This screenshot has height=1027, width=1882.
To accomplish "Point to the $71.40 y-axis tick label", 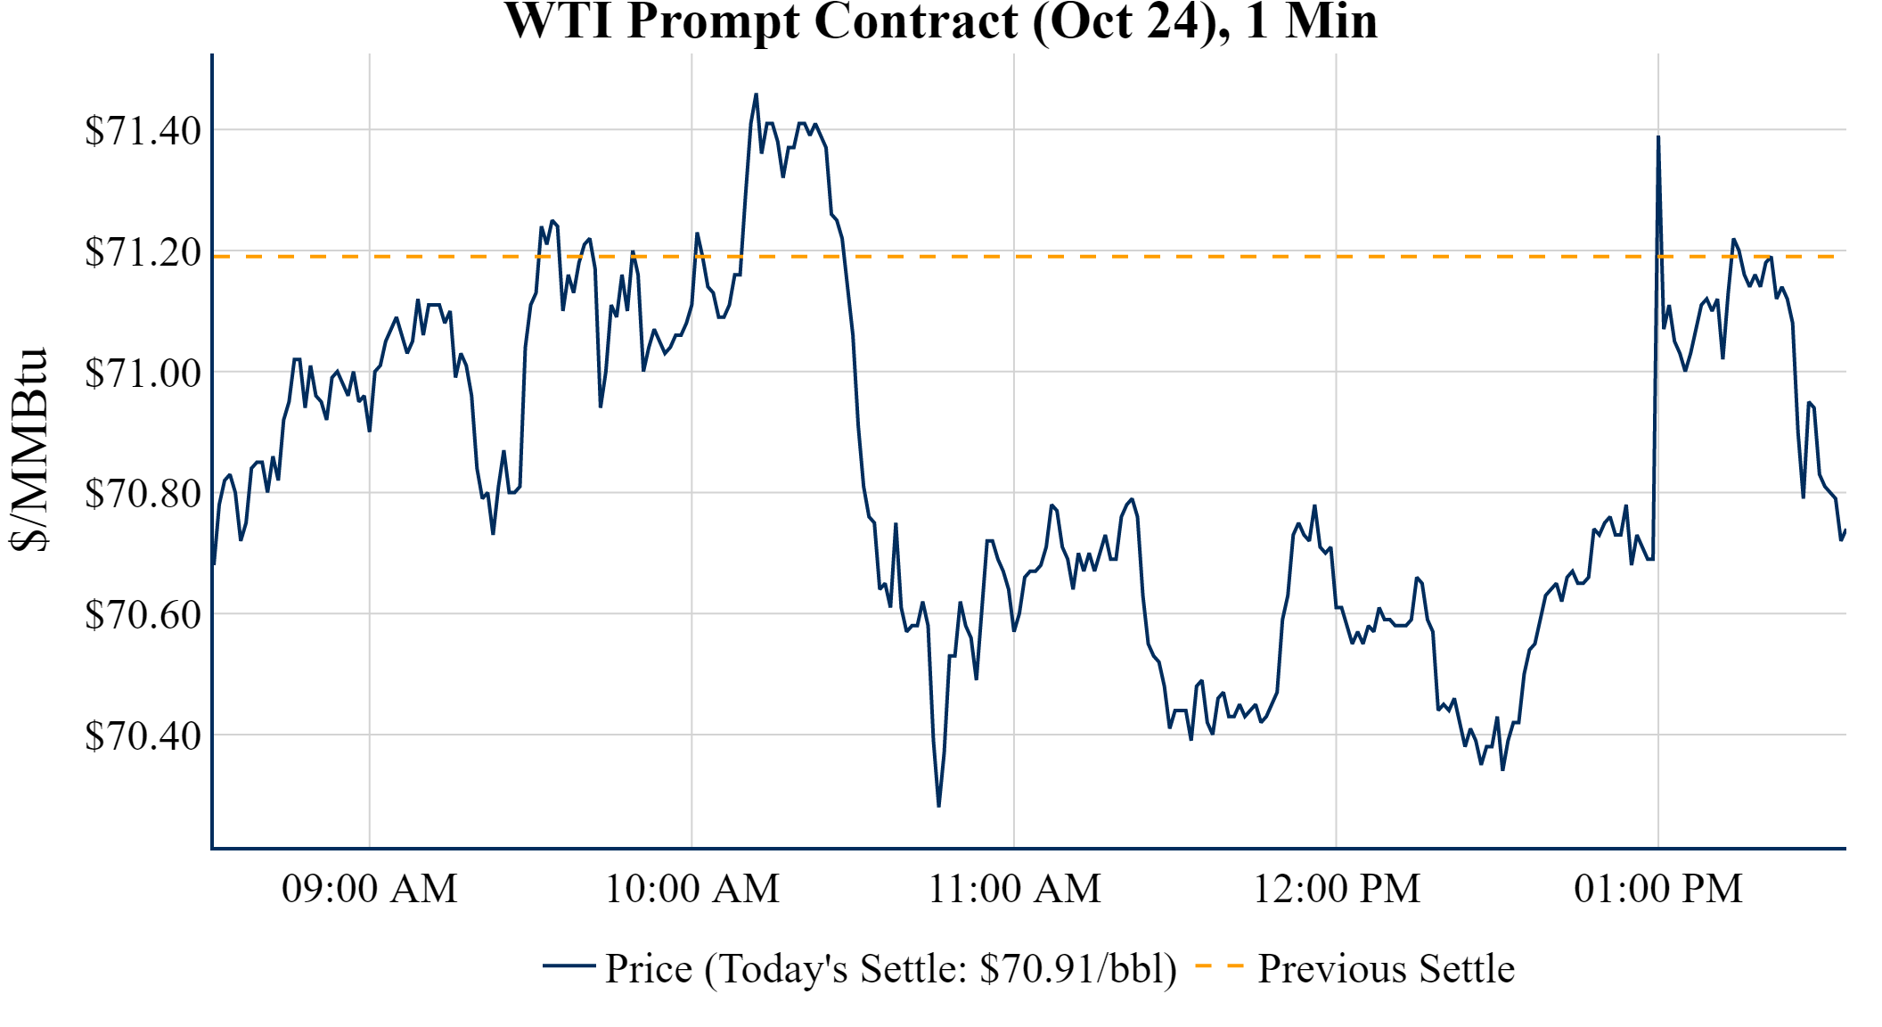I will point(143,131).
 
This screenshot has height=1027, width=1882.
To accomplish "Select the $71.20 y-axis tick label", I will point(143,252).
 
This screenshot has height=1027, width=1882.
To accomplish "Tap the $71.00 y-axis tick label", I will point(143,373).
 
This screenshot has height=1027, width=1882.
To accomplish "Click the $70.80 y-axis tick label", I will point(143,494).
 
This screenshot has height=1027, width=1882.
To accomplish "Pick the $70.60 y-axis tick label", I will point(143,615).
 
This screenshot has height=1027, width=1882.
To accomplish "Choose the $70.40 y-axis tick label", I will point(143,736).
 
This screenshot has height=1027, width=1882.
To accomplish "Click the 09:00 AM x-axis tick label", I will point(370,889).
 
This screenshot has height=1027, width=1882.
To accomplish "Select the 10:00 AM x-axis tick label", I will point(692,889).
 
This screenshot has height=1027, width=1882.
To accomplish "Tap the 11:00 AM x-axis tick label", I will point(1015,889).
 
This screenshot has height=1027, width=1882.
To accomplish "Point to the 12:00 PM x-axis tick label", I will point(1337,889).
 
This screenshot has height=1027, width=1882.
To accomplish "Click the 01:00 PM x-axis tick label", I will point(1658,889).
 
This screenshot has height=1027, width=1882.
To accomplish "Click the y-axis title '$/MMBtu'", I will point(29,450).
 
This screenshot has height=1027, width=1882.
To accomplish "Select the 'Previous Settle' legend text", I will point(1386,969).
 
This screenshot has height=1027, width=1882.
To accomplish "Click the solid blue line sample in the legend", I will point(569,965).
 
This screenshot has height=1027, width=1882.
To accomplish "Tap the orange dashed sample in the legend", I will point(1219,965).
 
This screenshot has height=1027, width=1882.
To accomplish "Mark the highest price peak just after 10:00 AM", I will point(756,94).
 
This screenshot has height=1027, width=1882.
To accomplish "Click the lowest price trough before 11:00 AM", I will point(938,805).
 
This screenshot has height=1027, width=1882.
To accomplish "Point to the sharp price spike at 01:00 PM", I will point(1657,137).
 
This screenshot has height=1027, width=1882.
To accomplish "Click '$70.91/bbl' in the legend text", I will point(1076,969).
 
